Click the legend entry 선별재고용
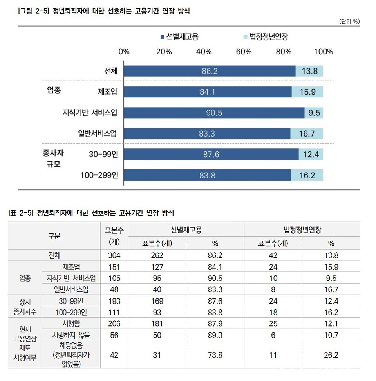[179, 37]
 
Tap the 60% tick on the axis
[244, 52]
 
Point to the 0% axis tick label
[124, 52]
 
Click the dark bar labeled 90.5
[214, 113]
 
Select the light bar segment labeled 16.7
[307, 133]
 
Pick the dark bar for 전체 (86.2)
[210, 71]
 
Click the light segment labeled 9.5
[314, 113]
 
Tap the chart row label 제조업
[108, 92]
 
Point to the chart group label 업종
[54, 90]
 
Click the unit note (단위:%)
[349, 22]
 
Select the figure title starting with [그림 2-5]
[104, 11]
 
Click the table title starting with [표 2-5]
[91, 213]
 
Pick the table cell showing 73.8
[215, 355]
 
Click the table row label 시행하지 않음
[71, 335]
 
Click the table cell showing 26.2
[331, 355]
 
